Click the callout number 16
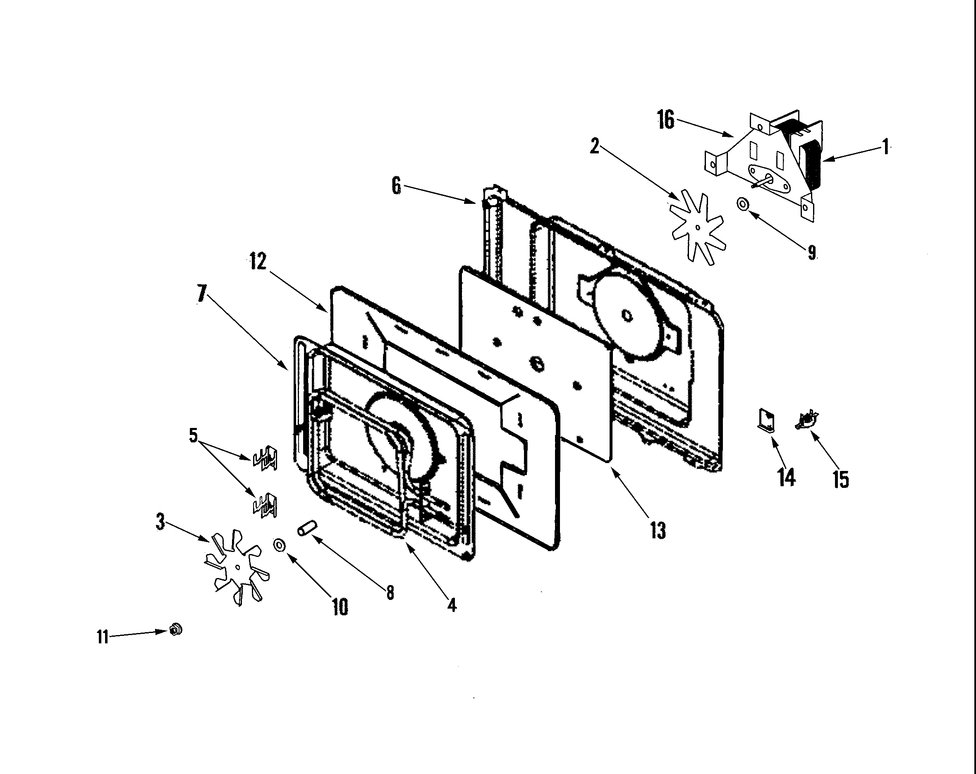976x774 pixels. pos(666,120)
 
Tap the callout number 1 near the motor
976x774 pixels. pos(885,147)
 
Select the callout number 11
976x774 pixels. pos(102,637)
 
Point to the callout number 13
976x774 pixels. pos(658,530)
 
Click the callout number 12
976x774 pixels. pos(258,262)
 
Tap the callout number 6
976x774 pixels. pos(396,186)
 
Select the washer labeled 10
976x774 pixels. pos(279,545)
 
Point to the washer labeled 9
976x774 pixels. pos(742,205)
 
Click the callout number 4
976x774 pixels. pos(451,605)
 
